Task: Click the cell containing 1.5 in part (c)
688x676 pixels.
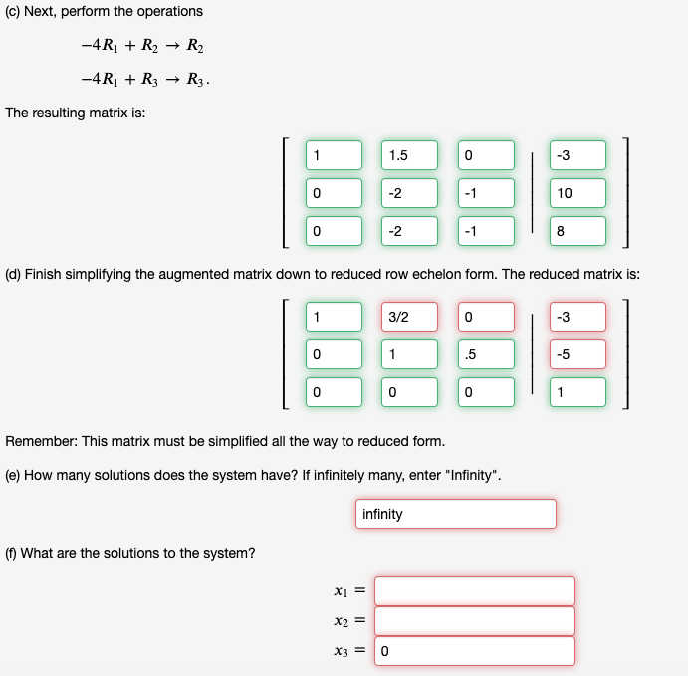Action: [409, 155]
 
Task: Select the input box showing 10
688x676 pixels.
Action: [577, 193]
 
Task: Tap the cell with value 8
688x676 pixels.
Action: [577, 231]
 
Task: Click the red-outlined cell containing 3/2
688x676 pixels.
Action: [409, 317]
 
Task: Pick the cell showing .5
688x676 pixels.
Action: [486, 354]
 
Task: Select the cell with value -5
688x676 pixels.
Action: [577, 354]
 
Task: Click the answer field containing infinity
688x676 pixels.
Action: [455, 514]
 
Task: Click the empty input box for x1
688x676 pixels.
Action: [475, 590]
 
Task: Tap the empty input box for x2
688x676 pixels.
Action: [475, 620]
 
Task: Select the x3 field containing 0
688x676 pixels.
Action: [475, 651]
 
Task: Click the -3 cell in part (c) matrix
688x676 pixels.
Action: [577, 155]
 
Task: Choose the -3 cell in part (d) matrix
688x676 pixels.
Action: [577, 317]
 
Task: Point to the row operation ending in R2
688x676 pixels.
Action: [144, 47]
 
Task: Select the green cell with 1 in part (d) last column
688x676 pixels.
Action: [577, 392]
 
